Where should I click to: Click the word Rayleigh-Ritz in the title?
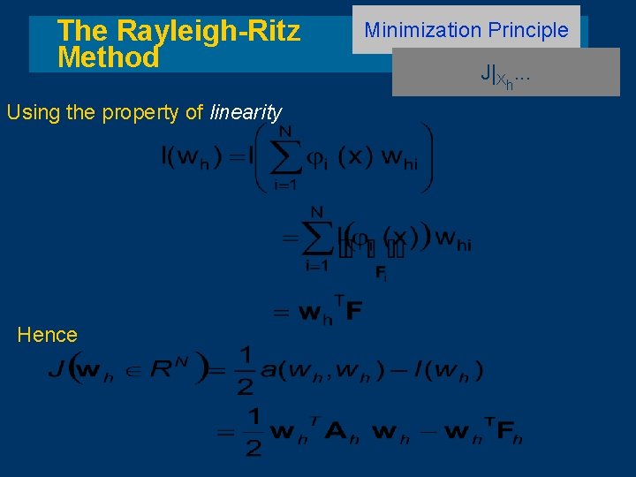(x=208, y=31)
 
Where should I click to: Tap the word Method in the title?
(x=108, y=58)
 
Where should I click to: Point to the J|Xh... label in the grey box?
(x=505, y=75)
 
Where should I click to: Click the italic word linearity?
(x=246, y=112)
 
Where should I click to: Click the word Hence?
(x=47, y=335)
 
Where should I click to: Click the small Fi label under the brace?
(x=380, y=275)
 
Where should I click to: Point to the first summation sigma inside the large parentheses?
(x=285, y=158)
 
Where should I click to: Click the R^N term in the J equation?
(x=166, y=369)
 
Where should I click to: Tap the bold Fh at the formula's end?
(x=509, y=434)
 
